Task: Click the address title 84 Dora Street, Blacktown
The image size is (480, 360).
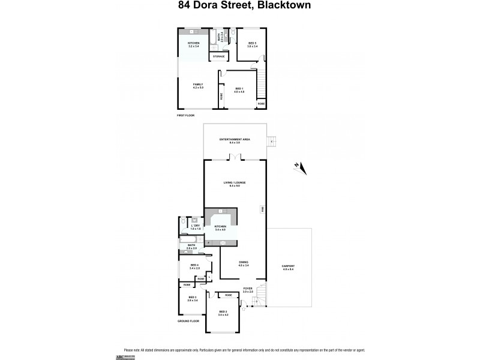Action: pyautogui.click(x=239, y=7)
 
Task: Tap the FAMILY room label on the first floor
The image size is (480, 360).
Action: pyautogui.click(x=197, y=86)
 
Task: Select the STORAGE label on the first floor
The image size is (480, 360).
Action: pyautogui.click(x=218, y=56)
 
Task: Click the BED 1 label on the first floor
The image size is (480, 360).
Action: pyautogui.click(x=239, y=90)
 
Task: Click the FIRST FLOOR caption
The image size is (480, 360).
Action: pyautogui.click(x=186, y=115)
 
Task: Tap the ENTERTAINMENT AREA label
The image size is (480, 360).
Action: pyautogui.click(x=234, y=140)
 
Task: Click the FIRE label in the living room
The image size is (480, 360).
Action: pyautogui.click(x=262, y=209)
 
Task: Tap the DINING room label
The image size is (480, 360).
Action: pyautogui.click(x=242, y=263)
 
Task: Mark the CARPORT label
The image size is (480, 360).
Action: pyautogui.click(x=289, y=267)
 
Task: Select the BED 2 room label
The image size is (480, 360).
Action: pyautogui.click(x=223, y=313)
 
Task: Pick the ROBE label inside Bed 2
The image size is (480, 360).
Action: pyautogui.click(x=228, y=295)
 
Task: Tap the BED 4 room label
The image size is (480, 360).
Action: pyautogui.click(x=194, y=266)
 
